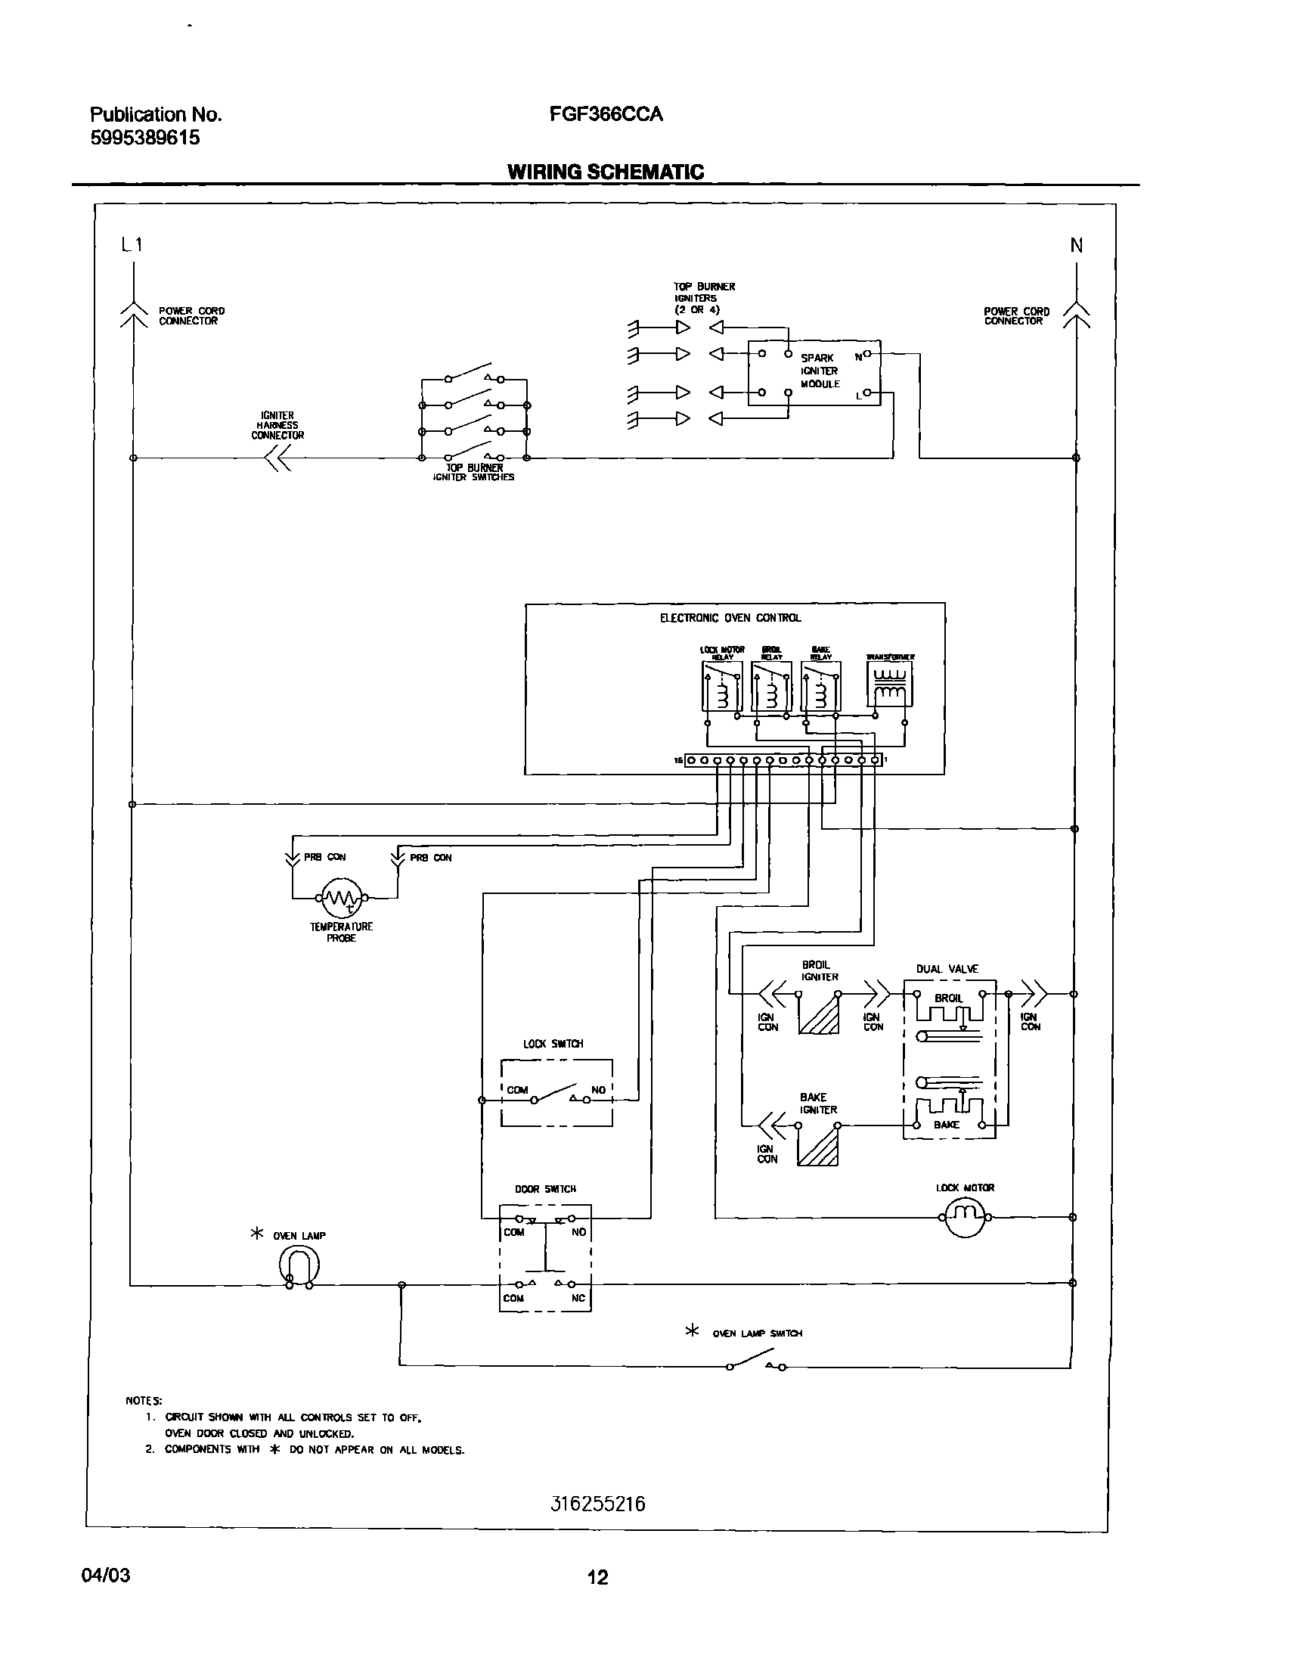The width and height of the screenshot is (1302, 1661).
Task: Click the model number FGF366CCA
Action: (x=606, y=114)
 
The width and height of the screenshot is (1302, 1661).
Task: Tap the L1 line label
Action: (x=132, y=245)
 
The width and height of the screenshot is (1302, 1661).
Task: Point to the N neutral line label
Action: (x=1077, y=246)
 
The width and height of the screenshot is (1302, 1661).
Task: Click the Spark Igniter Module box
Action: (x=814, y=373)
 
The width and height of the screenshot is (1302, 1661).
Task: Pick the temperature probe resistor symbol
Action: (x=342, y=898)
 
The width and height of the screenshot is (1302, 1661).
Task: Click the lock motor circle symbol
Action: (x=965, y=1216)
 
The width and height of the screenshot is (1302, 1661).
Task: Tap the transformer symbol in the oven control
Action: (x=889, y=684)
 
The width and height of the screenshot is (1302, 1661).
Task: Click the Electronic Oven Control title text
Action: (x=730, y=618)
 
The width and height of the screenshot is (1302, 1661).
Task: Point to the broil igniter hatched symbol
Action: (x=820, y=1014)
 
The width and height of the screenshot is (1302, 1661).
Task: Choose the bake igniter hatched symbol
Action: (x=818, y=1145)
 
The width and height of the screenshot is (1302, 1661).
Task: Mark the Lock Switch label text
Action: (x=553, y=1043)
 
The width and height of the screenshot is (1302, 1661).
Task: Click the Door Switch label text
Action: (x=545, y=1189)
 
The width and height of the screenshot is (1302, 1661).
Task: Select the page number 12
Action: (x=597, y=1578)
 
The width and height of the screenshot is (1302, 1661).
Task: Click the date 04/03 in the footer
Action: (x=106, y=1576)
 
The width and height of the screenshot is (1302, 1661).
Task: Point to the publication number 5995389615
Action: (x=145, y=138)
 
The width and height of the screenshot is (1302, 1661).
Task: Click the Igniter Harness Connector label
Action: (x=277, y=426)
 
